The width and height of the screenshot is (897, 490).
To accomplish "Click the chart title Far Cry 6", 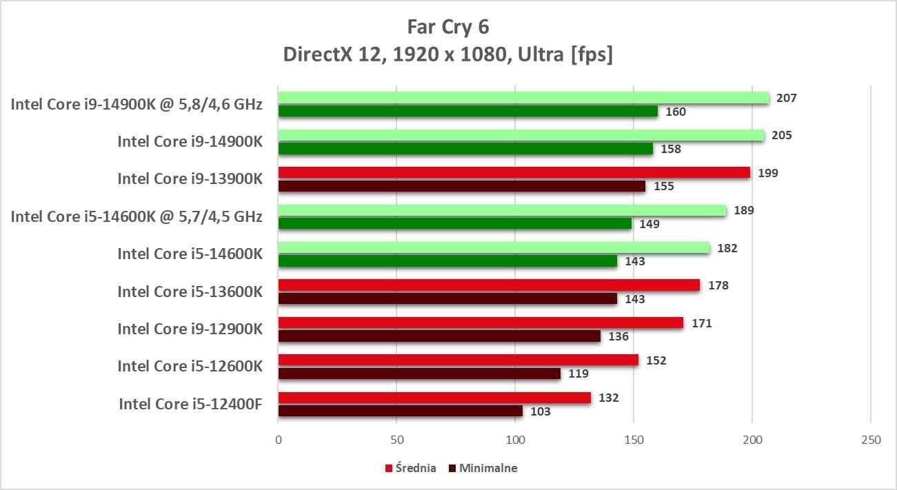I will pos(448,27).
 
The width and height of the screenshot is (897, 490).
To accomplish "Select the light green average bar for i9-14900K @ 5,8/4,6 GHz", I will pos(523,98).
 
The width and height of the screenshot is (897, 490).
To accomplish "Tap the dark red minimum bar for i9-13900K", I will pos(462,186).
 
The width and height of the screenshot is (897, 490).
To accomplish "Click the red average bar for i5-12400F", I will pos(434,398).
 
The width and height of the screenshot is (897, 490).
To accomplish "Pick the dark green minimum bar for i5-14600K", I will pos(447,261).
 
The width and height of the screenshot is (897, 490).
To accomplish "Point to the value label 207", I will pos(786,98).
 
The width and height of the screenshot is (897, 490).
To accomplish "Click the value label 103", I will pos(541,411).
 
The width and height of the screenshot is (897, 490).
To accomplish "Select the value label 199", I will pos(767,173).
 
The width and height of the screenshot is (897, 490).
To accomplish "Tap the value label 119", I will pos(578,374).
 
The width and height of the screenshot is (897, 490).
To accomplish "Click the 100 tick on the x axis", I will pos(515,440).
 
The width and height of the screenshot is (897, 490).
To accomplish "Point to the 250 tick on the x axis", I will pos(871,440).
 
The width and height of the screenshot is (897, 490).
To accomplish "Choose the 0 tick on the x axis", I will pos(279,440).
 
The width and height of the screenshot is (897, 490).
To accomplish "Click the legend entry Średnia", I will pos(414,469).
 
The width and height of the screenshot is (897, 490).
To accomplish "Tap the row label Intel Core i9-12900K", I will pos(190,329).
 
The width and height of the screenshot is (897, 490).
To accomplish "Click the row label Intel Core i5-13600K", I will pos(190,292).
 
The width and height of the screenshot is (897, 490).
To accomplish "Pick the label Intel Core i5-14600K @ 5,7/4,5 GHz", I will pos(137,216).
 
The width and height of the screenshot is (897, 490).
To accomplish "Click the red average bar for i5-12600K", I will pos(458,360).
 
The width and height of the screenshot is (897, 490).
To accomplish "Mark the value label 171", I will pos(701,323).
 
